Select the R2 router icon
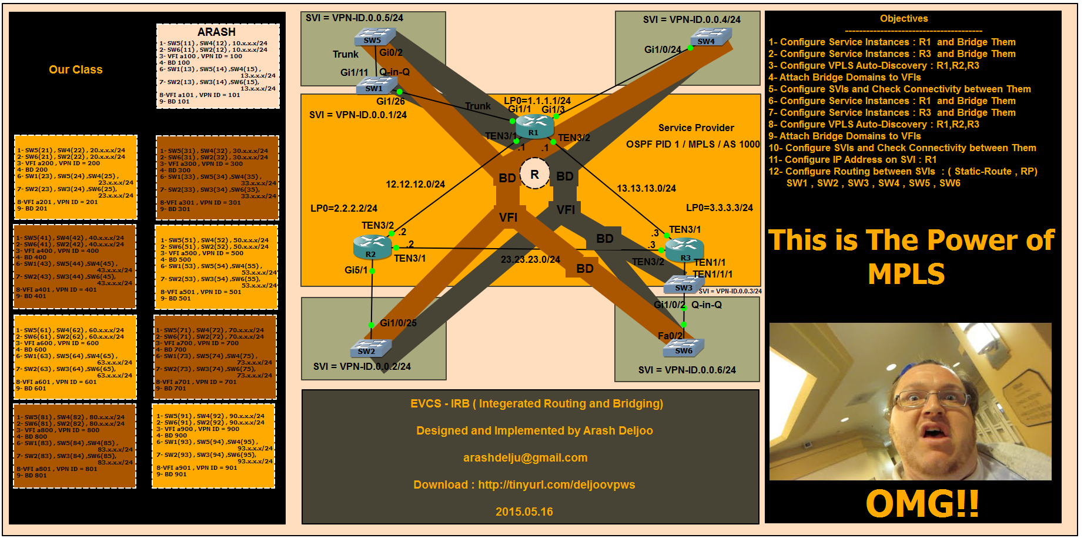click(x=372, y=247)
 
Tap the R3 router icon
click(x=685, y=250)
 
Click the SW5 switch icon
click(x=374, y=38)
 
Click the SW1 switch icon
click(x=376, y=86)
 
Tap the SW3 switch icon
click(x=684, y=285)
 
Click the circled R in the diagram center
click(x=534, y=174)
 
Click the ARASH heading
click(x=216, y=32)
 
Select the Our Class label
click(x=76, y=69)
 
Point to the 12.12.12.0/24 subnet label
click(x=415, y=184)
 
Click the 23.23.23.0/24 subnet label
click(x=530, y=259)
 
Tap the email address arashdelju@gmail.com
click(x=525, y=457)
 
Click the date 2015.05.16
click(x=524, y=512)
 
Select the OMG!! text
click(x=922, y=504)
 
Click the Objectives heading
click(x=904, y=19)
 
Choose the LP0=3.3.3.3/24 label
click(x=719, y=208)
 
